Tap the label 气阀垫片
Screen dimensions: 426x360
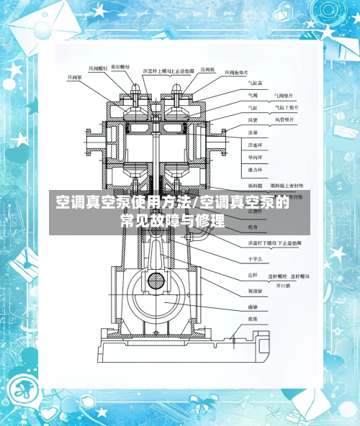(x=284, y=94)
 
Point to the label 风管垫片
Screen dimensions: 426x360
(x=284, y=119)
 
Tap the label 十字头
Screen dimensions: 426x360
(x=256, y=258)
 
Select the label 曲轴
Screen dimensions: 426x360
(x=253, y=306)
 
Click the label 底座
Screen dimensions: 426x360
(x=253, y=317)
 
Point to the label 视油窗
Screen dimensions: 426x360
(x=255, y=291)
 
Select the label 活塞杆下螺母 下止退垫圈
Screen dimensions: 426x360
(x=274, y=245)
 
